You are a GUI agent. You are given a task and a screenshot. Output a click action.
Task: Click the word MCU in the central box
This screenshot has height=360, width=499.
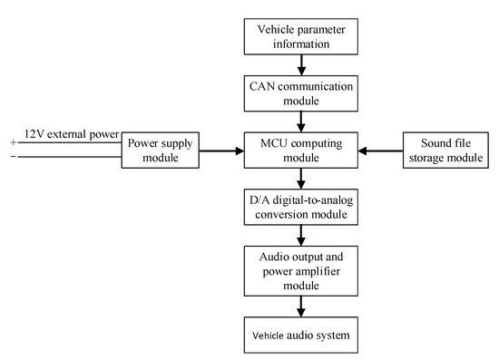(273, 142)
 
